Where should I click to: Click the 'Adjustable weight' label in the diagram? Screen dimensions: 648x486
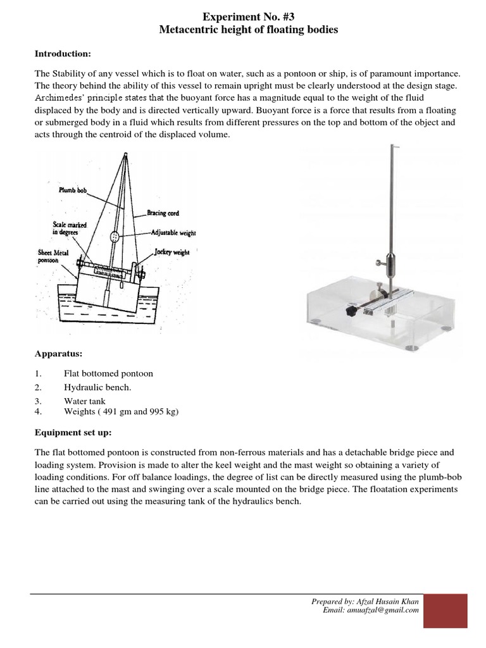(x=173, y=232)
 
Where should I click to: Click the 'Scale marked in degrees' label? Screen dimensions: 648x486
(x=70, y=228)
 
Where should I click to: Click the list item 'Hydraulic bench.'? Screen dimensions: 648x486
(x=97, y=387)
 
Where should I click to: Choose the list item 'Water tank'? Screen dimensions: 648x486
(x=85, y=401)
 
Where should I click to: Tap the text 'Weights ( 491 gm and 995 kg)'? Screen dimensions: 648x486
(x=121, y=411)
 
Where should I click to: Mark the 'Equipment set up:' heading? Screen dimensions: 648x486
(x=73, y=433)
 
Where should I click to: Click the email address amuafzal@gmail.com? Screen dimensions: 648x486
(x=388, y=610)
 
